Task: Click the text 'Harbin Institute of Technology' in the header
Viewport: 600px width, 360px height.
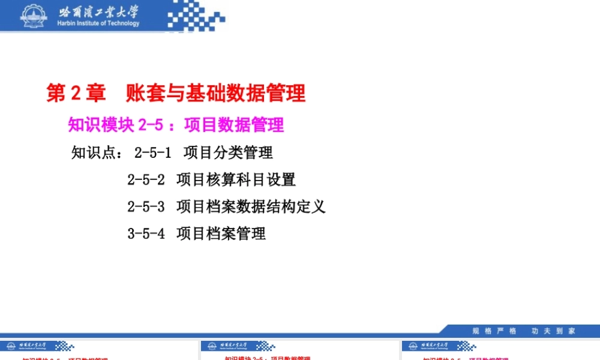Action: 98,23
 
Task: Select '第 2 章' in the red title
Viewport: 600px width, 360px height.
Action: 76,93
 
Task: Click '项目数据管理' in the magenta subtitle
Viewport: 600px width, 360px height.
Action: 234,125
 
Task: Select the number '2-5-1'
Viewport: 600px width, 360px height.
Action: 152,153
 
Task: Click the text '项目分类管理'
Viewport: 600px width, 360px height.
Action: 228,153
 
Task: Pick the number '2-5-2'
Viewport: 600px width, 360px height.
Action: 146,179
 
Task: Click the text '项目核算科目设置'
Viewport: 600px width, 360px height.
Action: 236,179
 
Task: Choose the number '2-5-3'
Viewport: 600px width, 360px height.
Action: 146,206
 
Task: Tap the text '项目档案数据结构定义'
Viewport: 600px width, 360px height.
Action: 251,206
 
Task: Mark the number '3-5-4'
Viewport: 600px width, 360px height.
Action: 146,233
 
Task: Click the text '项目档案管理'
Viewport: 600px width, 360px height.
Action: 221,233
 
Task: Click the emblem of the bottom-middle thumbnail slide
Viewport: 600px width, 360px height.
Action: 209,346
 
